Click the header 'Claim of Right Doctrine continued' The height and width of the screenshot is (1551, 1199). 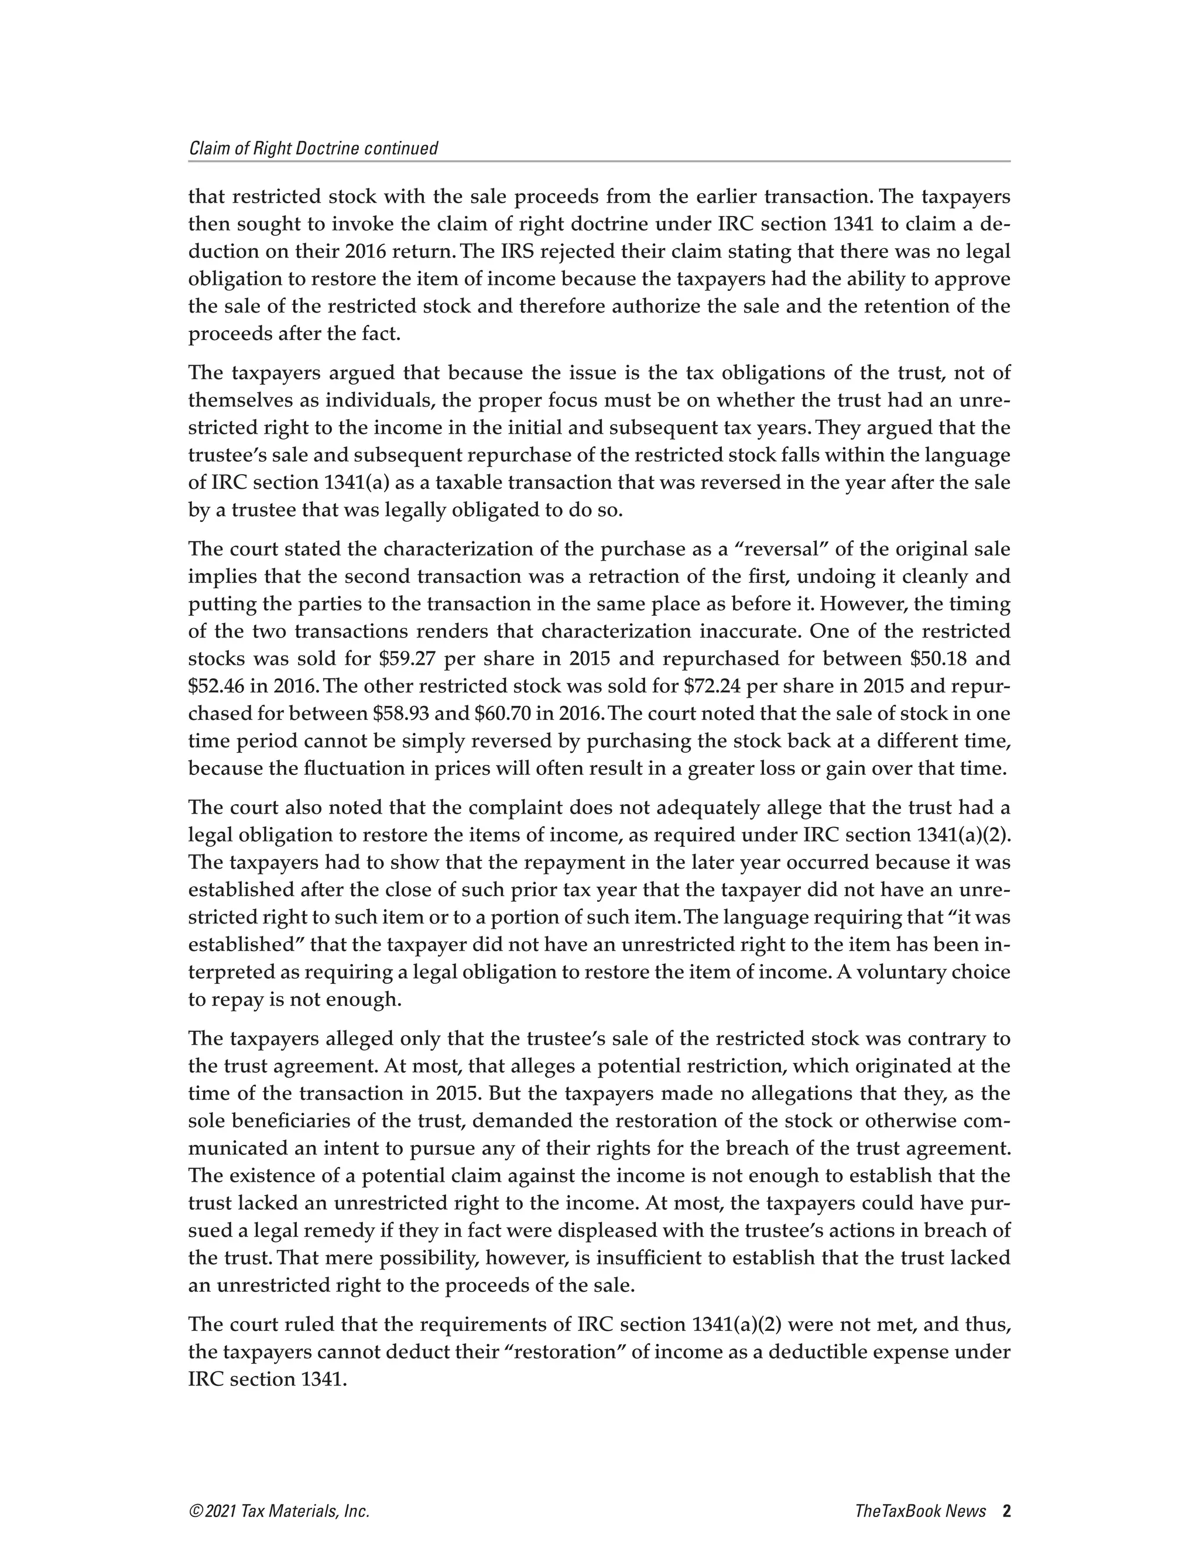(313, 149)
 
